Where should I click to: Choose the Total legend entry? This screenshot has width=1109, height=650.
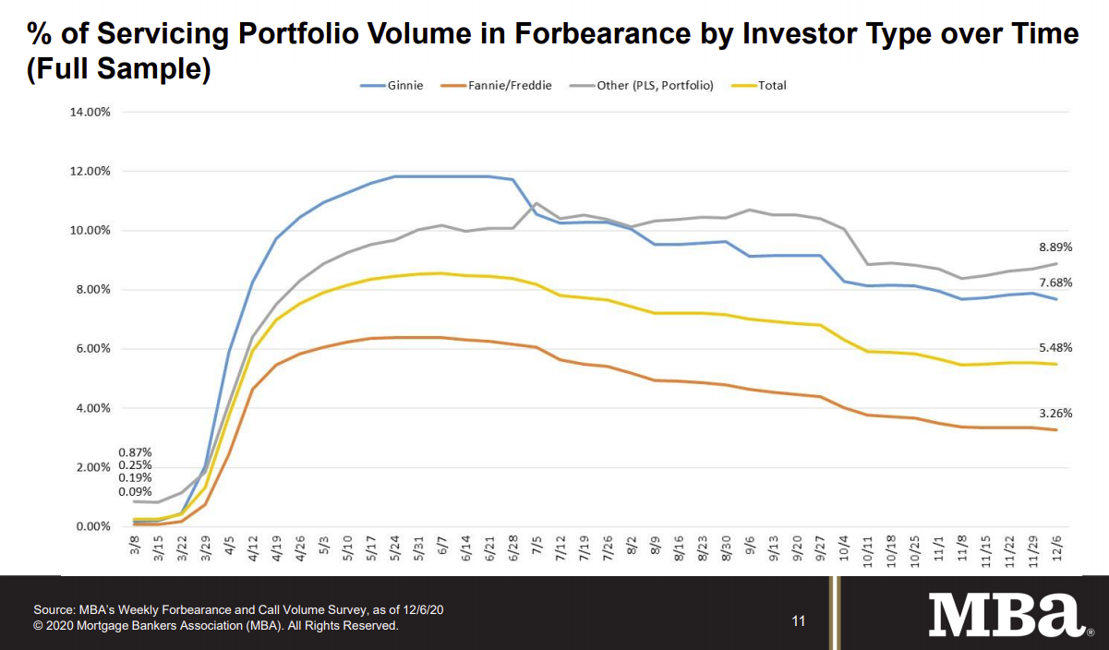[x=772, y=86]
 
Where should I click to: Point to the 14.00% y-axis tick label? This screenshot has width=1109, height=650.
[x=90, y=112]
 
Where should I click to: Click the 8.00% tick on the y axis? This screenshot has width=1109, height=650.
[x=92, y=290]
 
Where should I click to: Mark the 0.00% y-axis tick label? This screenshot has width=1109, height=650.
[x=92, y=526]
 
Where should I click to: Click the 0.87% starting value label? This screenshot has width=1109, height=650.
[x=135, y=452]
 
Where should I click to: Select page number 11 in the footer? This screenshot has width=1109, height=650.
[x=799, y=620]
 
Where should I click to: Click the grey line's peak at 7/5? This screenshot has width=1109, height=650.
[x=536, y=203]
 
